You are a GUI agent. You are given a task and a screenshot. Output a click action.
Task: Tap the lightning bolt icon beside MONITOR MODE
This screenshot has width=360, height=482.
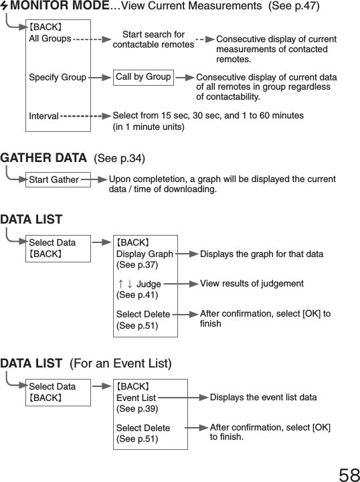[x=5, y=7]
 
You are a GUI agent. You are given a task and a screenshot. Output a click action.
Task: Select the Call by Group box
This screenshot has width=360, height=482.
[x=143, y=77]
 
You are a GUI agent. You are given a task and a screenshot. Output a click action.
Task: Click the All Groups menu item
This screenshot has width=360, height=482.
[x=50, y=39]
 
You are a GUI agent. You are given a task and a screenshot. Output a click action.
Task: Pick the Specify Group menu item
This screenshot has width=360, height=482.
[x=58, y=78]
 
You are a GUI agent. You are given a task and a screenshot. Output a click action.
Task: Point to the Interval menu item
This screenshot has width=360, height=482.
[x=43, y=116]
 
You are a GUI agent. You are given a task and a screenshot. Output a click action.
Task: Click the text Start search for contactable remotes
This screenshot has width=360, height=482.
[x=153, y=39]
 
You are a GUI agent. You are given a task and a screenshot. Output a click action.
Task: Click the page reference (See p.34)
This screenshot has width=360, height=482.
[x=120, y=159]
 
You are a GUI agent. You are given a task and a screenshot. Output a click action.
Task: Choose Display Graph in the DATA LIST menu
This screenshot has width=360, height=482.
[x=145, y=254]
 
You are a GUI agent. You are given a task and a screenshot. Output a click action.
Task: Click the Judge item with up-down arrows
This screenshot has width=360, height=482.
[x=139, y=285]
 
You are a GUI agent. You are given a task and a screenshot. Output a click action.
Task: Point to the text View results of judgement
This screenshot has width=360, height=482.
[x=252, y=284]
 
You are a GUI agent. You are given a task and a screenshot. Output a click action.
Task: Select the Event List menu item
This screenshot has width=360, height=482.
[x=136, y=398]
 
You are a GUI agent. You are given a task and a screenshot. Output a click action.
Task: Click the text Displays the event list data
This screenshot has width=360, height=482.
[x=263, y=398]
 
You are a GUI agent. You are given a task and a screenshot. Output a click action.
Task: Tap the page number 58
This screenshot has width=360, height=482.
[x=349, y=474]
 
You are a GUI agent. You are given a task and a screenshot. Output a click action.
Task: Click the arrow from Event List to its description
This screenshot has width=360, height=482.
[x=182, y=398]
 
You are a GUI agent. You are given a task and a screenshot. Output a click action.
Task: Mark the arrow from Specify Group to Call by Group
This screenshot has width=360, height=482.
[x=100, y=78]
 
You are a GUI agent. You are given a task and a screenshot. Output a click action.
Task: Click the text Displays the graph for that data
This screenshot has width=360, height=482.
[x=262, y=254]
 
